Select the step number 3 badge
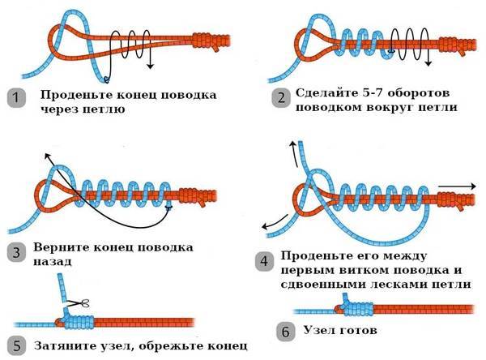14,251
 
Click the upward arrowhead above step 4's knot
292,142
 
